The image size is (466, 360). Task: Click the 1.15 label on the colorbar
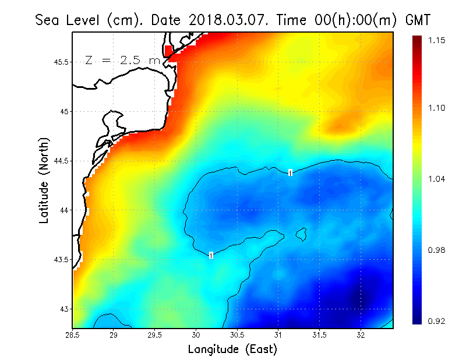tap(435, 40)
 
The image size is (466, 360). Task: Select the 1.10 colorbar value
tap(435, 108)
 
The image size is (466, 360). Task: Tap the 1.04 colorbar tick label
tap(435, 179)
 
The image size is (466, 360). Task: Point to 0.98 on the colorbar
tap(435, 250)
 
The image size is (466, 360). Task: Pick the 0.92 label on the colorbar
tap(435, 321)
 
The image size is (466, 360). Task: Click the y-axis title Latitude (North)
tap(44, 180)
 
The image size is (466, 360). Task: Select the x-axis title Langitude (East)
tap(232, 349)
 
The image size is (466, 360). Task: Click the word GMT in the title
tap(417, 20)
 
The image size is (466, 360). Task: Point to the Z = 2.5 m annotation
tap(122, 60)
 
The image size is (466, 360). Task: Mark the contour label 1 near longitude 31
tap(290, 172)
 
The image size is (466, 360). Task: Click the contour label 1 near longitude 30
tap(211, 255)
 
